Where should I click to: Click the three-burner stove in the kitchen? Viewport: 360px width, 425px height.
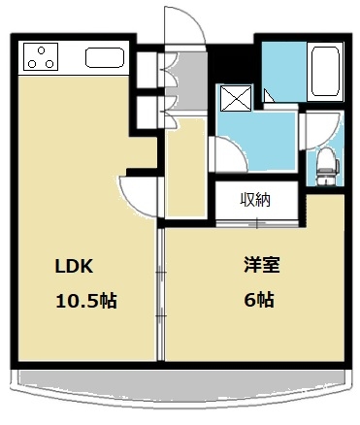(x=41, y=57)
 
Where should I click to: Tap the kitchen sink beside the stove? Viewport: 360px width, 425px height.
(x=103, y=57)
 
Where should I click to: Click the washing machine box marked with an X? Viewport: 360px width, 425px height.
(x=234, y=96)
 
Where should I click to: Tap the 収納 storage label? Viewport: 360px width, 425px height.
(x=255, y=202)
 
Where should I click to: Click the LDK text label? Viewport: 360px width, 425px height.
(x=72, y=264)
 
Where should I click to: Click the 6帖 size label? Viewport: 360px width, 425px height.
(x=258, y=300)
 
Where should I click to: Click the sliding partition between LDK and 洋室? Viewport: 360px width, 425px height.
(x=160, y=291)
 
